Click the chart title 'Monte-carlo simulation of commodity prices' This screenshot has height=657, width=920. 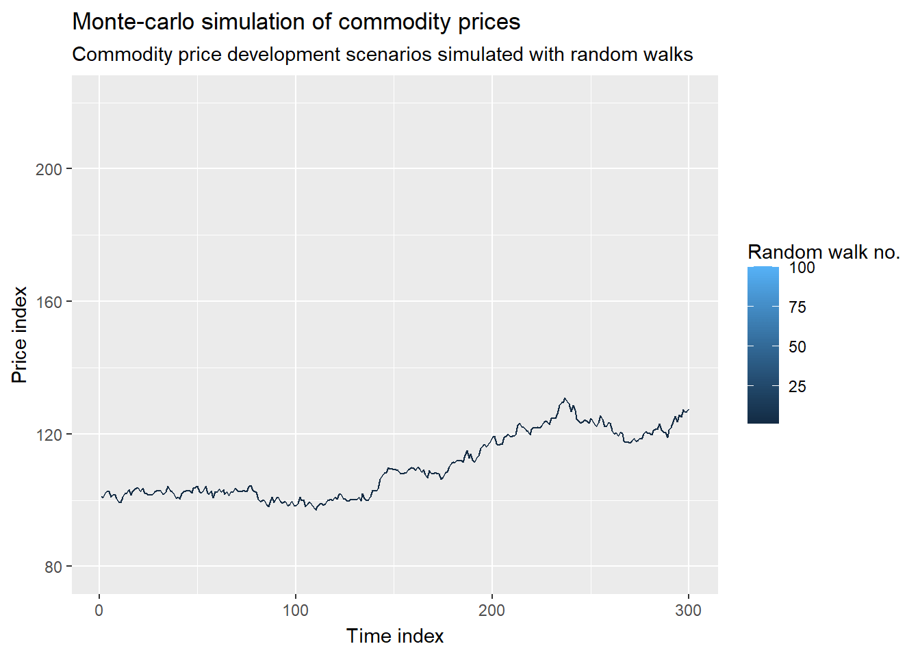point(296,22)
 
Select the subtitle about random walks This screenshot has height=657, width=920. point(382,55)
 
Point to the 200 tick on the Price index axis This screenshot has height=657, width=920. point(49,169)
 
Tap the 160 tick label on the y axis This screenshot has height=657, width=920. point(49,302)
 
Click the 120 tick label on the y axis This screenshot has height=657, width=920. point(49,435)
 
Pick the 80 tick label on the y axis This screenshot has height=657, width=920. point(53,567)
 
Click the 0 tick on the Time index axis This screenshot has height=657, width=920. point(99,610)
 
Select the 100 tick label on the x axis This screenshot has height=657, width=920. point(296,610)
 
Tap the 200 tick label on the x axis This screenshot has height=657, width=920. point(491,610)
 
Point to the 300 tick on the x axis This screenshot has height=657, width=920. point(688,610)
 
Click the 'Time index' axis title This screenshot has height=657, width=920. point(395,636)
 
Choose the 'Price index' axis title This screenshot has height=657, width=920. point(20,335)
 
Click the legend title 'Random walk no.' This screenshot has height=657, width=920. point(823,253)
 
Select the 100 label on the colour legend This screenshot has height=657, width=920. point(802,268)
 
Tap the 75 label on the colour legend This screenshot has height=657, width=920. point(797,307)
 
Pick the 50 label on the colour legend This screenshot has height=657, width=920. point(797,347)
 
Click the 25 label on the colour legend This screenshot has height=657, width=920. point(797,387)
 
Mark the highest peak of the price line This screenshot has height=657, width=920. point(565,398)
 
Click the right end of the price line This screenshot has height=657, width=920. point(688,410)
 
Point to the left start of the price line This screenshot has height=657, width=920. point(102,497)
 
